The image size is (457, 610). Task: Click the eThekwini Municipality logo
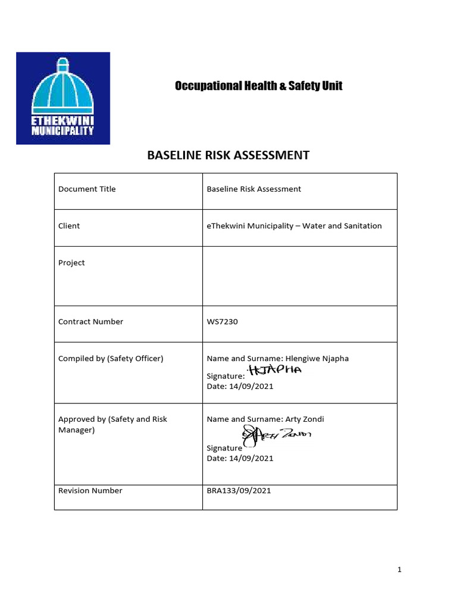(x=62, y=98)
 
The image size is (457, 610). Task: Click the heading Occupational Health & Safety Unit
(x=258, y=86)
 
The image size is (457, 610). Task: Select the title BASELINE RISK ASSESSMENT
(x=228, y=155)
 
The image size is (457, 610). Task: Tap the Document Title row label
(x=87, y=189)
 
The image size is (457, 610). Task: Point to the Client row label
(x=69, y=226)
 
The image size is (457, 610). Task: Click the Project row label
(x=71, y=263)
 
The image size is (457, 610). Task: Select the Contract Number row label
(x=90, y=322)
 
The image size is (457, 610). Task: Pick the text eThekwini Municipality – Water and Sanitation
(x=294, y=226)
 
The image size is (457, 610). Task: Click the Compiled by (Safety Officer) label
(x=111, y=359)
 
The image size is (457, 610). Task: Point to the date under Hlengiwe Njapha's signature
(x=240, y=386)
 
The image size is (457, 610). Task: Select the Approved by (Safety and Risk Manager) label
(x=112, y=424)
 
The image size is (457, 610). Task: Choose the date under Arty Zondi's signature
(x=240, y=458)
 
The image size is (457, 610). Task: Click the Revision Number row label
(x=90, y=491)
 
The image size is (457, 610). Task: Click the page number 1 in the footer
(x=400, y=570)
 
